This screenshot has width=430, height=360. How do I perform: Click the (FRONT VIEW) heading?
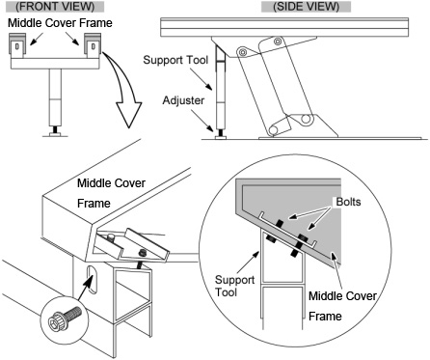pyautogui.click(x=55, y=7)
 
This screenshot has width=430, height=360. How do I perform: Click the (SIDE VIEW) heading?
pyautogui.click(x=306, y=7)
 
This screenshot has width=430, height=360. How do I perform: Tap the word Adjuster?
pyautogui.click(x=183, y=100)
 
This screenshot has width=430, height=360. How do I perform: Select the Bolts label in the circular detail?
pyautogui.click(x=348, y=202)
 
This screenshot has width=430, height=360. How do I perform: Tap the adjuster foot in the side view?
pyautogui.click(x=221, y=135)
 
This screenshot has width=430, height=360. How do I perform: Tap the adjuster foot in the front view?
pyautogui.click(x=55, y=132)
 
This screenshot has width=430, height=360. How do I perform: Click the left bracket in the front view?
pyautogui.click(x=17, y=46)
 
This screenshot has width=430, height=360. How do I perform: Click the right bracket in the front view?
pyautogui.click(x=93, y=46)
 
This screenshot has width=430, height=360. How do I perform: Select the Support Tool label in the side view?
pyautogui.click(x=175, y=60)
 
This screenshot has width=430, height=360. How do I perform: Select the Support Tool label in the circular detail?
pyautogui.click(x=234, y=286)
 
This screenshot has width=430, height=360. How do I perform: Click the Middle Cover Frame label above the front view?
pyautogui.click(x=60, y=23)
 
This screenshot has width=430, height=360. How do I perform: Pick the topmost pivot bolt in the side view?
pyautogui.click(x=278, y=41)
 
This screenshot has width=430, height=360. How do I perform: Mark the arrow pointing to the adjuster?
pyautogui.click(x=202, y=121)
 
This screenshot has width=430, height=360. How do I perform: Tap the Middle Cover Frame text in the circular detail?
pyautogui.click(x=342, y=306)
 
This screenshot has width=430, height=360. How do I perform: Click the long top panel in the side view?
pyautogui.click(x=284, y=27)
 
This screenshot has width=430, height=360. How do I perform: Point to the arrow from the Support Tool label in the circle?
pyautogui.click(x=249, y=263)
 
